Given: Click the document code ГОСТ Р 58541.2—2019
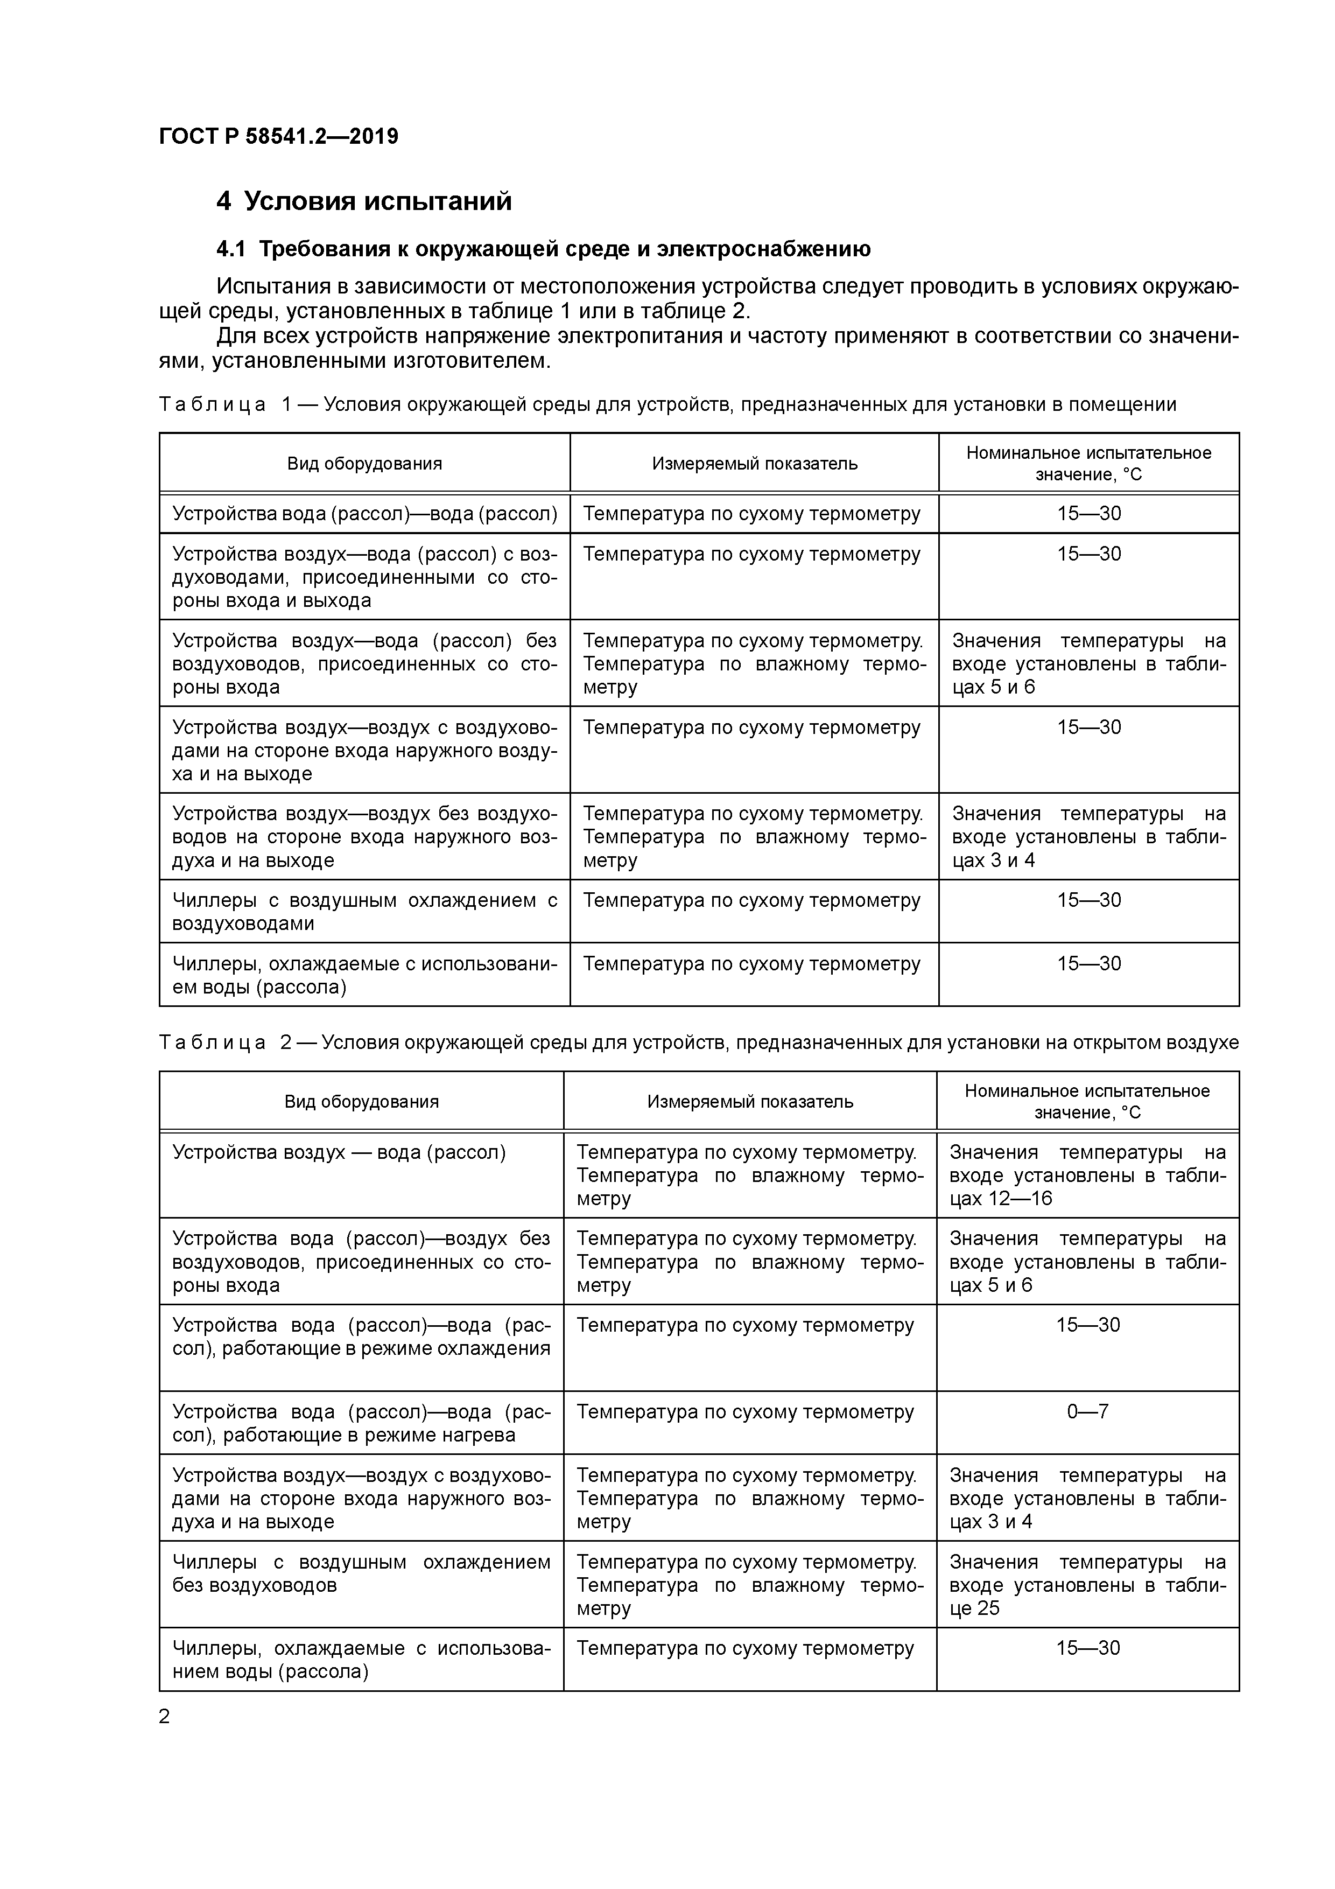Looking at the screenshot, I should tap(278, 136).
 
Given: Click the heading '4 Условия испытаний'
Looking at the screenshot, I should tap(363, 201).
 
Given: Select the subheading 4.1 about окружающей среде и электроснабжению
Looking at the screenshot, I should tap(543, 248).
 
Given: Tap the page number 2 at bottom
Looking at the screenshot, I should tap(165, 1716).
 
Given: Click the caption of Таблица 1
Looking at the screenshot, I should tap(667, 404).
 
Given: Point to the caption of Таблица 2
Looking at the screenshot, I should tap(698, 1043).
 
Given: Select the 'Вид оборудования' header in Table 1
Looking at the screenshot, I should tap(364, 463).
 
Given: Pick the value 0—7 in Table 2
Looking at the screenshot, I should tap(1087, 1412).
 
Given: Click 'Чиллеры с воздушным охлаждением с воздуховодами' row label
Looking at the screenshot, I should tap(364, 912).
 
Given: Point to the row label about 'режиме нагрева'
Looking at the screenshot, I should tap(361, 1423).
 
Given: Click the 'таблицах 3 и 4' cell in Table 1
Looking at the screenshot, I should tap(1088, 837).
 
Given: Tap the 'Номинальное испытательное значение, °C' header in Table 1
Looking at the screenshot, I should tap(1088, 463).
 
